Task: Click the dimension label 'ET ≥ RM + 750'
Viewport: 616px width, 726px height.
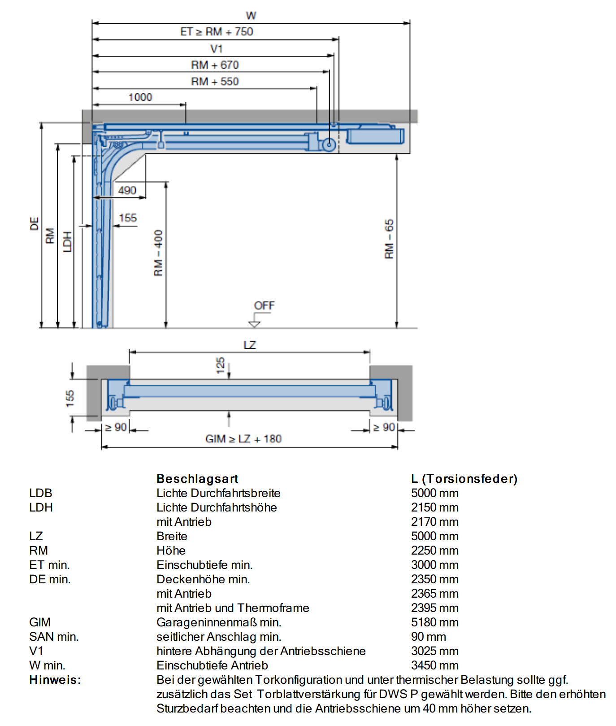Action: tap(217, 32)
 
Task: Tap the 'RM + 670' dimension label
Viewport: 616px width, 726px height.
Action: tap(215, 65)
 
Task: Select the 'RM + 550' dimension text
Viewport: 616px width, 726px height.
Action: tap(215, 82)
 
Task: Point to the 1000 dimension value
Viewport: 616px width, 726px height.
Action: tap(140, 97)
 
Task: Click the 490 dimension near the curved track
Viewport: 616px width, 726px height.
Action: tap(127, 191)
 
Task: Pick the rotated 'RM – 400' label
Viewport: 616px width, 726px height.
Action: tap(158, 253)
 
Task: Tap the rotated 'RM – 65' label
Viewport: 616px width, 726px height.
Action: tap(389, 239)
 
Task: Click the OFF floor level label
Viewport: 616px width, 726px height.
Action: tap(264, 306)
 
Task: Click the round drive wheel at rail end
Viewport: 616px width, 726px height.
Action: tap(329, 145)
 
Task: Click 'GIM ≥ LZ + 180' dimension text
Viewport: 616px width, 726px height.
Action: tap(243, 439)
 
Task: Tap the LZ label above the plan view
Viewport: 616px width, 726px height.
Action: tap(250, 345)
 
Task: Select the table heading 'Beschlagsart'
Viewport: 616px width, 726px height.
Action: tap(197, 479)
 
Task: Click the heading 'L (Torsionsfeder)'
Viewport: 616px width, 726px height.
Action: tap(464, 479)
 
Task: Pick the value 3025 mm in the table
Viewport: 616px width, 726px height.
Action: tap(435, 651)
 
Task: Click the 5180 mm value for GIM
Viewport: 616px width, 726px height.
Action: tap(435, 622)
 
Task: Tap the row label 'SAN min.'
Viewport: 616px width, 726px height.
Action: tap(54, 637)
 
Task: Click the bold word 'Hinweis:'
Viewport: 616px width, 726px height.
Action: tap(55, 680)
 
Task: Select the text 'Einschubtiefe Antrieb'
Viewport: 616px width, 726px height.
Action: tap(212, 665)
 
